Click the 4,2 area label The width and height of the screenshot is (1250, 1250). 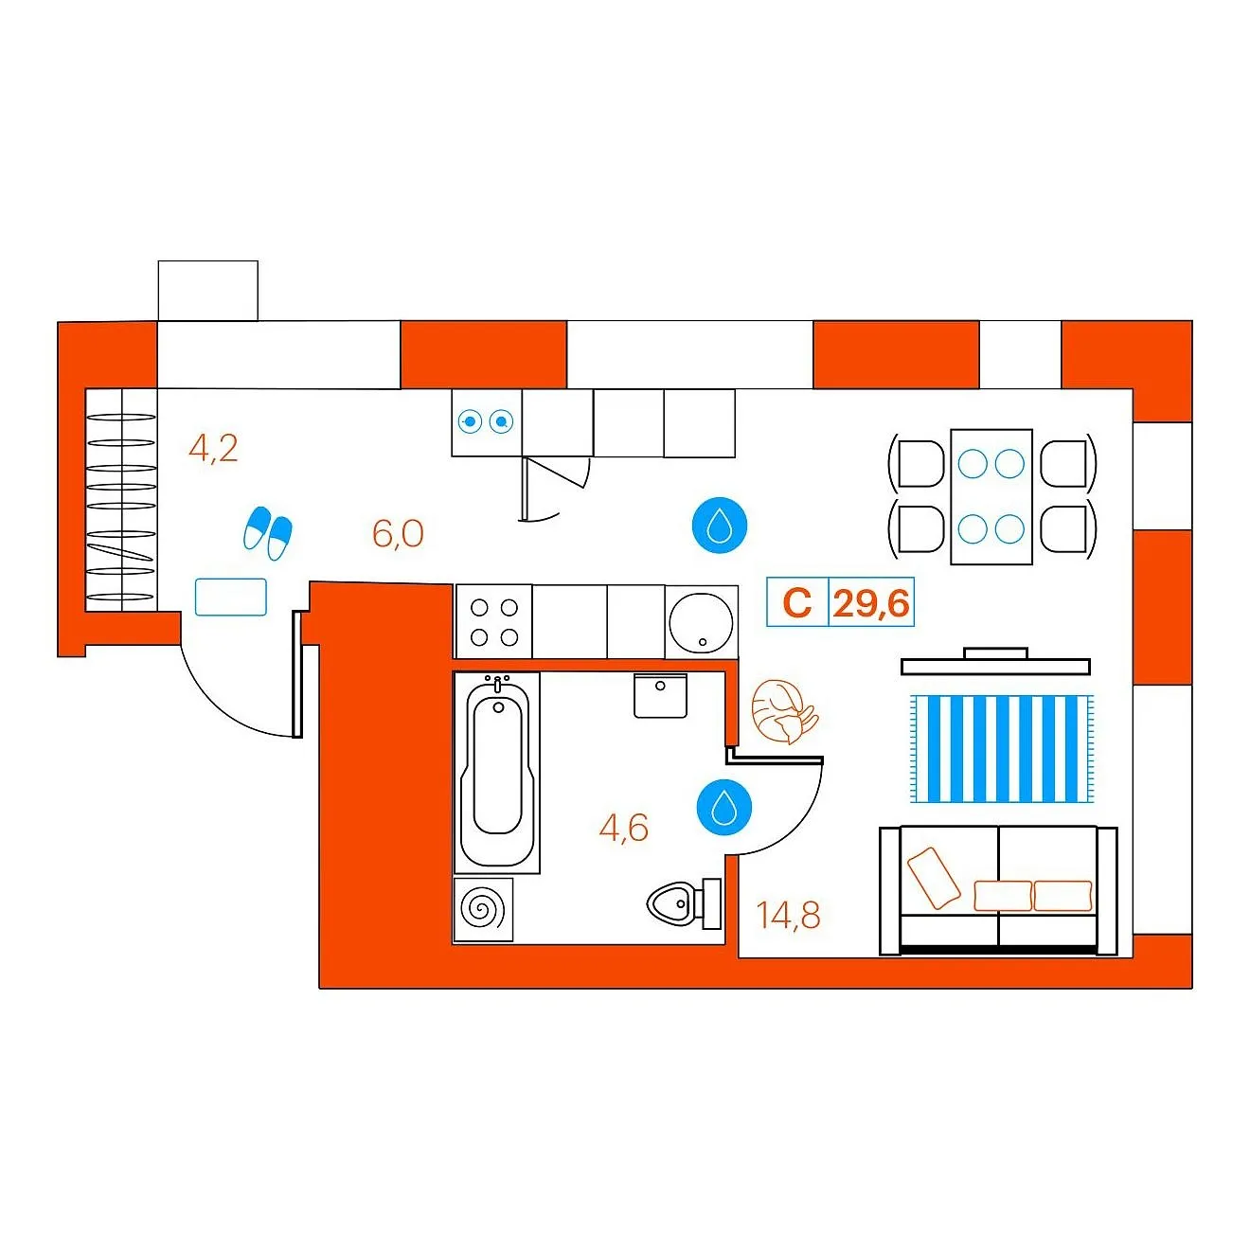(x=213, y=448)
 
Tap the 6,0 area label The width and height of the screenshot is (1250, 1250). (x=398, y=534)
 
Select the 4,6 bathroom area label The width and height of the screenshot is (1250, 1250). (x=623, y=828)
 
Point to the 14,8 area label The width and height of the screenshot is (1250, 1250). (x=788, y=916)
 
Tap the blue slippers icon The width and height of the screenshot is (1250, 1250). (x=267, y=533)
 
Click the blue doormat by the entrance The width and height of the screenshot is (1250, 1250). (x=231, y=597)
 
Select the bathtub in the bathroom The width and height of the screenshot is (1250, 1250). (x=497, y=772)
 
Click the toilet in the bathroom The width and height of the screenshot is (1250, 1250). (x=685, y=902)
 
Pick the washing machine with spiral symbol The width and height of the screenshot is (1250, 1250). (x=483, y=909)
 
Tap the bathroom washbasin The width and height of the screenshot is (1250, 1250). (x=660, y=695)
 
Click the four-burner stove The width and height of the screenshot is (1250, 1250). (x=494, y=622)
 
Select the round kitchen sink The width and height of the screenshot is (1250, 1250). (x=701, y=622)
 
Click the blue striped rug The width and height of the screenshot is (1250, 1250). (x=1002, y=749)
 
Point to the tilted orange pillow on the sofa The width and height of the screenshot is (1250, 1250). (x=934, y=878)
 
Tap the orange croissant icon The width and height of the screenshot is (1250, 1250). (x=784, y=711)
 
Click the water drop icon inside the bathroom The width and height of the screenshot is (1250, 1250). (x=723, y=807)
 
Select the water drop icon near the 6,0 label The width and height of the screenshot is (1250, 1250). (x=720, y=525)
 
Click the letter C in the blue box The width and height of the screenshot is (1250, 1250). (x=797, y=603)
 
